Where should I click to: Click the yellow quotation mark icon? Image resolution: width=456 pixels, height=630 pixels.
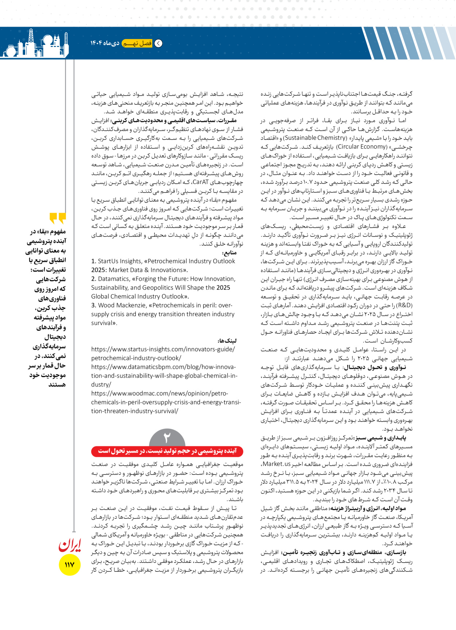pyautogui.click(x=58, y=218)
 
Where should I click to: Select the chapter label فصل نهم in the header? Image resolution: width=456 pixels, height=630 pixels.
pyautogui.click(x=137, y=43)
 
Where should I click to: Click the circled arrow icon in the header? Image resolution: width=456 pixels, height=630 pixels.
pyautogui.click(x=159, y=43)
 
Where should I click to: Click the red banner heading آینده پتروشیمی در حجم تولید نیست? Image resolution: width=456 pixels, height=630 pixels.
pyautogui.click(x=167, y=451)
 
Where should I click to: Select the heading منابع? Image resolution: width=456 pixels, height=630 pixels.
pyautogui.click(x=229, y=253)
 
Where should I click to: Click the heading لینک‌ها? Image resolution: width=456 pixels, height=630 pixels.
pyautogui.click(x=227, y=341)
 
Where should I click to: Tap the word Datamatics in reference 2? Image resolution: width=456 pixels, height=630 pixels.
pyautogui.click(x=113, y=279)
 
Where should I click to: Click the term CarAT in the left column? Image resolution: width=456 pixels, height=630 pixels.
pyautogui.click(x=200, y=182)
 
